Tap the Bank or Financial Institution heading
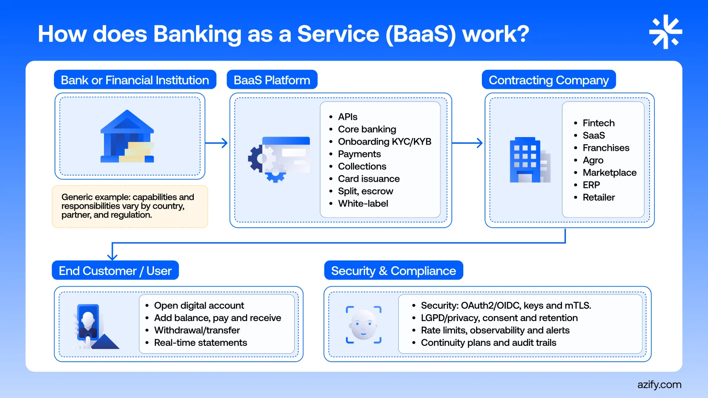click(x=135, y=80)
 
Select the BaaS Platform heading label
click(x=272, y=80)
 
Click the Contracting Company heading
click(x=549, y=80)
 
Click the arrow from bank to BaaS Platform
click(x=217, y=143)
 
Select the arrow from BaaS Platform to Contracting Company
click(x=467, y=143)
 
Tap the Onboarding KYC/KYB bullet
click(x=384, y=142)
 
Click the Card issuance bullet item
click(x=369, y=179)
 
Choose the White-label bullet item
click(x=363, y=203)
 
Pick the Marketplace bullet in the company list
click(x=609, y=172)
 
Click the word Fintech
click(x=598, y=123)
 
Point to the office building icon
click(x=530, y=160)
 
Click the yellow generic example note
click(x=130, y=206)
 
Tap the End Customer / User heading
click(x=115, y=271)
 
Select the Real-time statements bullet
click(x=200, y=343)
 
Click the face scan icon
click(x=363, y=325)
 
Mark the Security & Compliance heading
click(x=393, y=271)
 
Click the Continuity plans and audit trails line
click(x=489, y=343)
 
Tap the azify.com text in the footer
click(x=659, y=385)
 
